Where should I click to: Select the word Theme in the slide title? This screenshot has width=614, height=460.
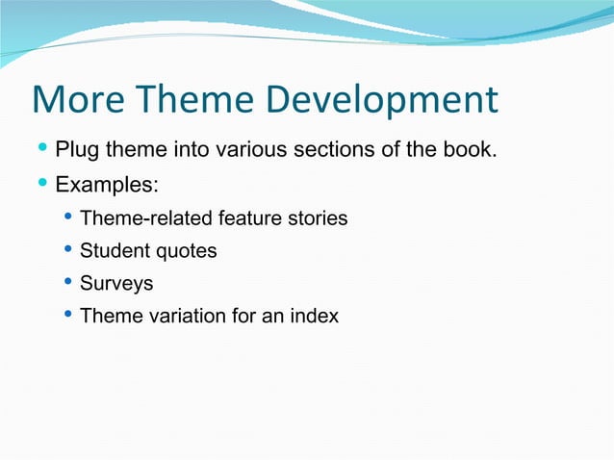click(196, 100)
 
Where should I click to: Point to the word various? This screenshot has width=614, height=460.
click(253, 151)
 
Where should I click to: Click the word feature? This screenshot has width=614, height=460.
click(246, 218)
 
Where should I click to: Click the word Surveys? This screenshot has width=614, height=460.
click(115, 284)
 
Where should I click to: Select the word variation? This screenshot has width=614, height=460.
click(174, 316)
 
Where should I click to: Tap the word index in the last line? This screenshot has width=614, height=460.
click(315, 316)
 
